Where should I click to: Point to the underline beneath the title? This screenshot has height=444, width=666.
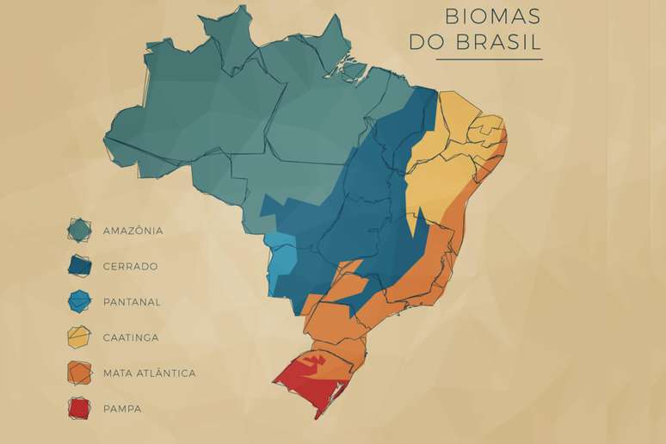pos(489,59)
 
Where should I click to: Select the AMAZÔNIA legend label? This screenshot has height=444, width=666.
pos(133,231)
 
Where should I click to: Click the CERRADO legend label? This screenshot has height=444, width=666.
pos(130,267)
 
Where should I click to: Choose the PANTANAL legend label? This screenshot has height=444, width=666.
pos(132,302)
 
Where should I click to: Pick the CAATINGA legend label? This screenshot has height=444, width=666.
pos(131,337)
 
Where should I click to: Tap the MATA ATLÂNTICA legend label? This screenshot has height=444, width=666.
pos(149,373)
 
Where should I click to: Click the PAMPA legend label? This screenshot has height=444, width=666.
pos(122,409)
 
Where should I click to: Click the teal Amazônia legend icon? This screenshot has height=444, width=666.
pos(80,230)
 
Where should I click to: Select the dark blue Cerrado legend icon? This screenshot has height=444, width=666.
pos(80,266)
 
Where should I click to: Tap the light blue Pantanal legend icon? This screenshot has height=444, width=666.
pos(80,301)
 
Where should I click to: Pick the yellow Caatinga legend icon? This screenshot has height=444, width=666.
pos(80,337)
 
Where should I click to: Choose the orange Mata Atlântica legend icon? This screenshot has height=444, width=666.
pos(80,373)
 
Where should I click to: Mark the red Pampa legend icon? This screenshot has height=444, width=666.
pos(80,408)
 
